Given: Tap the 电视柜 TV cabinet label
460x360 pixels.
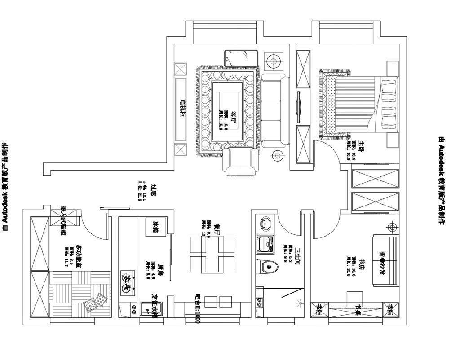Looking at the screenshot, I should point(183,108).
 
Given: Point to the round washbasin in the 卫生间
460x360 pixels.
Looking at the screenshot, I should point(265,222).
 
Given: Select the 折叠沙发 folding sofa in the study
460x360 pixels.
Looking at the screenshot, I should point(384,261).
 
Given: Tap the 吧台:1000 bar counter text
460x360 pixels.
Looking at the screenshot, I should point(198,310).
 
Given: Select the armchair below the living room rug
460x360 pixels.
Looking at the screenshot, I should point(241,162).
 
